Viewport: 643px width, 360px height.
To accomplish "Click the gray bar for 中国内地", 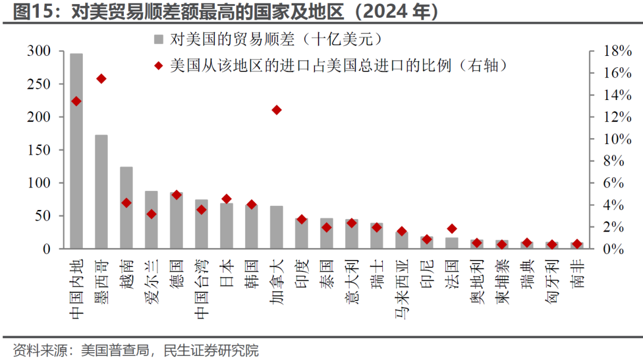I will coord(76,151).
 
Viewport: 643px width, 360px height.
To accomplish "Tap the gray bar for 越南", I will coord(126,208).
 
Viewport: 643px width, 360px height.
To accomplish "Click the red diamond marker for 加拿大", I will coord(276,110).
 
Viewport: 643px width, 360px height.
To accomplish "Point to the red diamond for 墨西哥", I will coord(101,79).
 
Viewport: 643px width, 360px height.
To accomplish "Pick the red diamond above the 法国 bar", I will coord(451,228).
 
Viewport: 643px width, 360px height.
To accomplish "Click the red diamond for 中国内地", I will coord(76,102).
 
